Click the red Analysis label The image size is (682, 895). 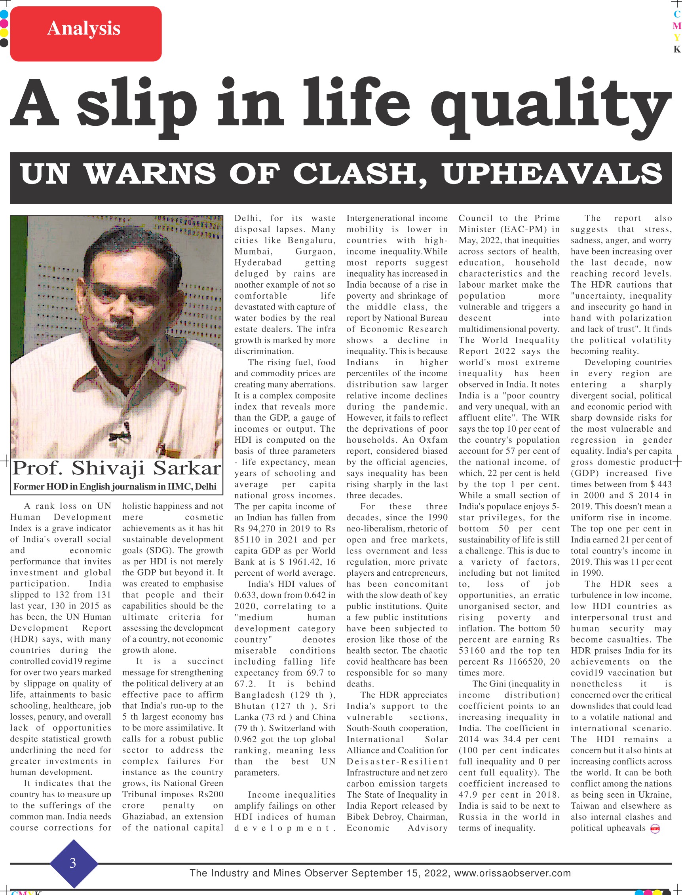pyautogui.click(x=85, y=34)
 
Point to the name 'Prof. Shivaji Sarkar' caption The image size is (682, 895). pyautogui.click(x=116, y=468)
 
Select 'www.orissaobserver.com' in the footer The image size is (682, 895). pyautogui.click(x=512, y=873)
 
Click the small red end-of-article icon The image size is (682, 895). pyautogui.click(x=655, y=829)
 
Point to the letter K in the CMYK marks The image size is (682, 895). pyautogui.click(x=676, y=49)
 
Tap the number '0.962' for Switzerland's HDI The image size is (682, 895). pyautogui.click(x=247, y=739)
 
